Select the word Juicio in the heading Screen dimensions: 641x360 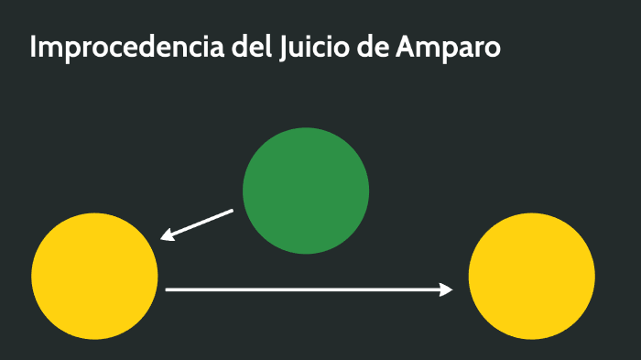click(x=311, y=48)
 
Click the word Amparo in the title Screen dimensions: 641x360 click(x=448, y=49)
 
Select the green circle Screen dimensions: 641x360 click(x=306, y=191)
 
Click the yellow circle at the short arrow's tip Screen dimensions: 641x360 click(x=94, y=276)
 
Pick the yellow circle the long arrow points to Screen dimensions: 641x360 click(x=531, y=276)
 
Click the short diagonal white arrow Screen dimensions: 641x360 click(x=197, y=224)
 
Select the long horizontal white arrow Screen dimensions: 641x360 click(x=309, y=289)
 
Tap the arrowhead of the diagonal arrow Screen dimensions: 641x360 click(x=166, y=236)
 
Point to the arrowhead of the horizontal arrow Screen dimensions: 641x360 click(x=447, y=289)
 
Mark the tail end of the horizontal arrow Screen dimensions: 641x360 click(x=168, y=289)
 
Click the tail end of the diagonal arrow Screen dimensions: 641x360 click(x=232, y=211)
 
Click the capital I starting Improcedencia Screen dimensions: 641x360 click(x=33, y=48)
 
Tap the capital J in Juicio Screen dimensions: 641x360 click(x=280, y=49)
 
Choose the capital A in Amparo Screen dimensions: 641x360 click(x=405, y=48)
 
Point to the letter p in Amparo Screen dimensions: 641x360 click(x=445, y=50)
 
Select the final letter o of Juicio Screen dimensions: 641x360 click(x=341, y=49)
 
